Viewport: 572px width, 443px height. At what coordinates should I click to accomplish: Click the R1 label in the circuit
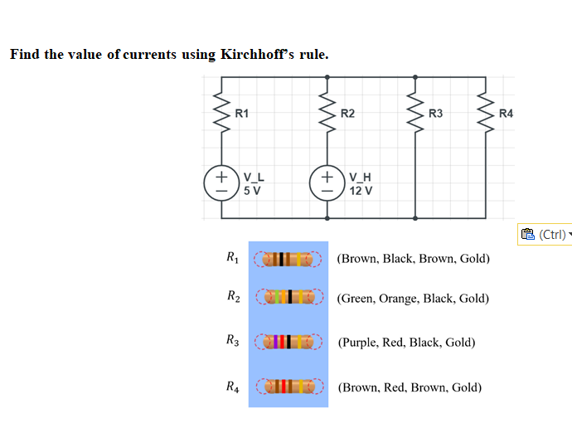(x=242, y=113)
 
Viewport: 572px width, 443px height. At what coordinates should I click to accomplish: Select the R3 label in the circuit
(x=436, y=113)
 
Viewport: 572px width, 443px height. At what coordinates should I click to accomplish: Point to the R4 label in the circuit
(x=507, y=113)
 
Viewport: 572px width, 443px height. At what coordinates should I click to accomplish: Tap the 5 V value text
(x=252, y=190)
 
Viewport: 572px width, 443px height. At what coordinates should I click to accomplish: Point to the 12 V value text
(x=361, y=190)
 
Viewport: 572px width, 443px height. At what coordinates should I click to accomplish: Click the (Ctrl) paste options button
(x=544, y=235)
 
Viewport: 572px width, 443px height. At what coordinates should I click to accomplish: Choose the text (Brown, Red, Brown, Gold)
(x=410, y=387)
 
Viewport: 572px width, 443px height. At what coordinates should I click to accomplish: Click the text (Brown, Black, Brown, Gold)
(x=413, y=258)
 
